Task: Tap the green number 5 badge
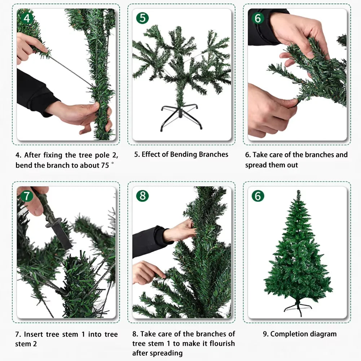[x=142, y=18]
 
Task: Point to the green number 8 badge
[x=142, y=196]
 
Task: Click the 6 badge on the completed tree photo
[x=258, y=196]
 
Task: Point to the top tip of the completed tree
[x=298, y=192]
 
